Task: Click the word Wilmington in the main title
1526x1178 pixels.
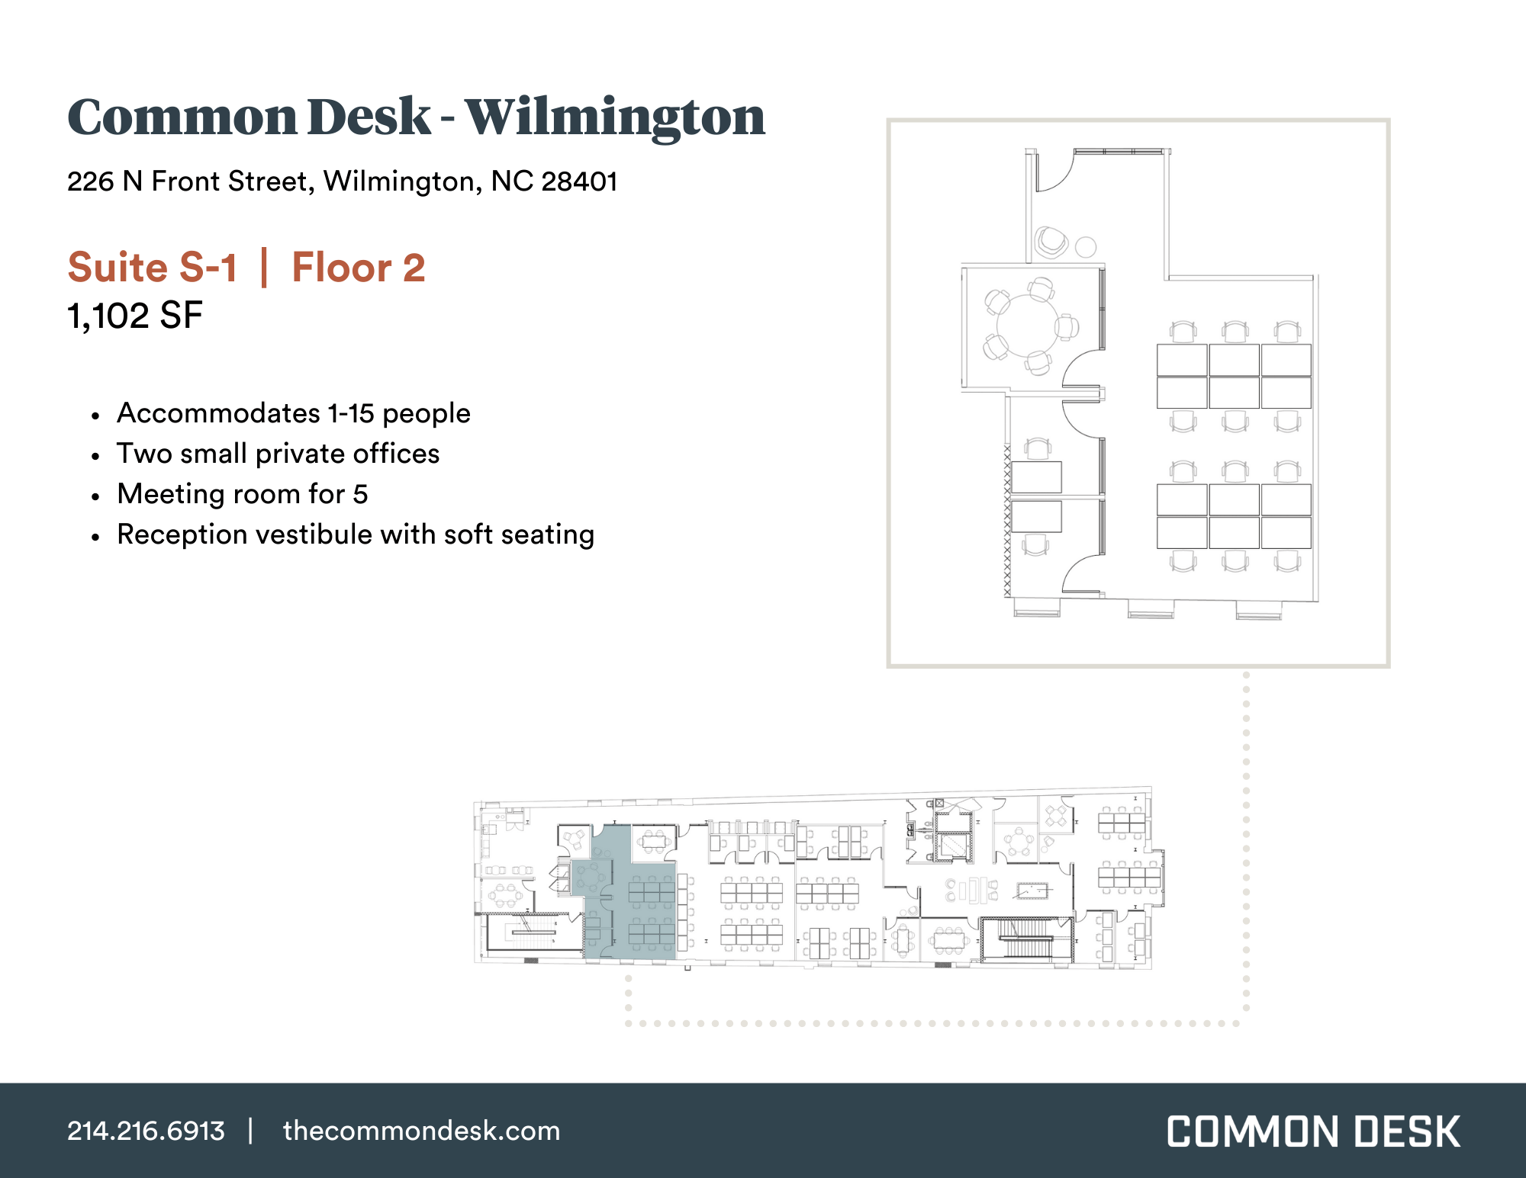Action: (x=614, y=118)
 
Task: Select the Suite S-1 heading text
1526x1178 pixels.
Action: (x=153, y=268)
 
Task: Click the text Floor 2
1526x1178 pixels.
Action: (x=359, y=268)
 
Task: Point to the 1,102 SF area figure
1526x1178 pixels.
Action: (x=135, y=316)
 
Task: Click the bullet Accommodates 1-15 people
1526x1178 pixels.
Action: (x=293, y=413)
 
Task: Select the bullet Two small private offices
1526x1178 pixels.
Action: (x=278, y=454)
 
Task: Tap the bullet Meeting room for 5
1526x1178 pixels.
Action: (x=242, y=494)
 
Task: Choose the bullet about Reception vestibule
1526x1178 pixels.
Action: (x=355, y=534)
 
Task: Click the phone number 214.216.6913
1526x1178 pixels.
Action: (x=146, y=1131)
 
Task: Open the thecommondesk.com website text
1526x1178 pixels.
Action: (x=421, y=1131)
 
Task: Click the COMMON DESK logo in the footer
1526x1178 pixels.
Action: (x=1313, y=1131)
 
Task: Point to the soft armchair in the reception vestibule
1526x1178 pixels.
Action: (x=1051, y=242)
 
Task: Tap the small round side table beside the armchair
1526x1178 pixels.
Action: (x=1085, y=247)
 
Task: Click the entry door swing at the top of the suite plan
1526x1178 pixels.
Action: (x=1054, y=172)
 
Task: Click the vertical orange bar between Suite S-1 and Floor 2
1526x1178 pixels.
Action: (x=264, y=268)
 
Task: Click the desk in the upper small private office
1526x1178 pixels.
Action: (x=1035, y=477)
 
